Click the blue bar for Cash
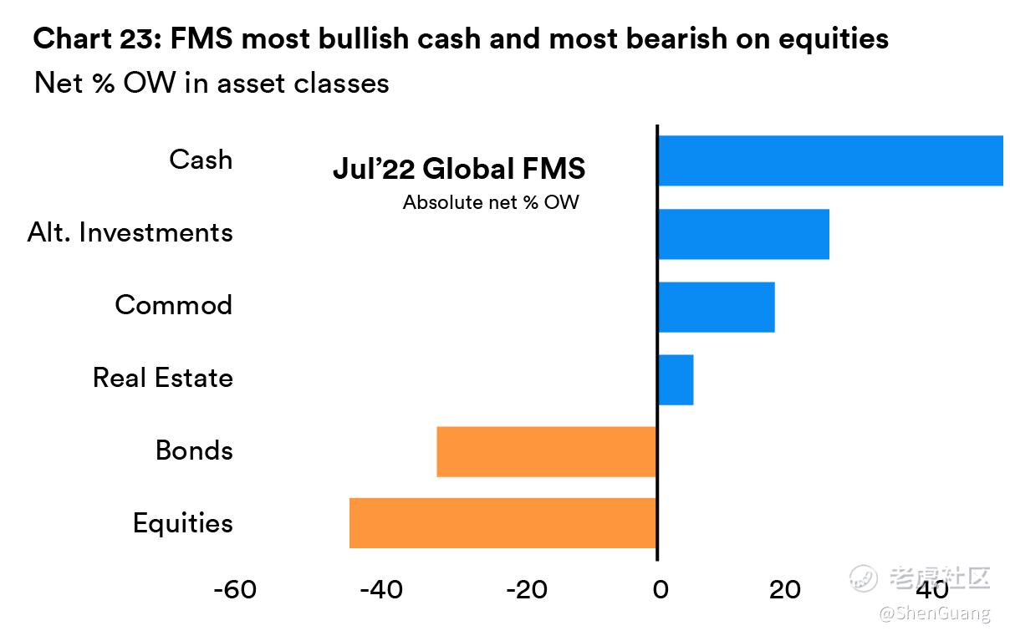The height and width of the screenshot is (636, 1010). click(829, 160)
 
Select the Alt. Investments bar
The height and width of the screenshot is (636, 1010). click(743, 234)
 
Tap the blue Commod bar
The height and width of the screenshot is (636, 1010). click(716, 307)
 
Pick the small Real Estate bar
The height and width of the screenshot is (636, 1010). click(676, 379)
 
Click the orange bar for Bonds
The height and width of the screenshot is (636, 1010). click(546, 451)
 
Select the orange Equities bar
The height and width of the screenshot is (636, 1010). click(502, 523)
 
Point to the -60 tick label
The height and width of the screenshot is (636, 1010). click(235, 590)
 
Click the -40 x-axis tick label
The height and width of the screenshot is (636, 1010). click(381, 590)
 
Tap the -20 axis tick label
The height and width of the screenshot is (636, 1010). click(527, 590)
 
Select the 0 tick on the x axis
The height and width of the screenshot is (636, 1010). click(660, 590)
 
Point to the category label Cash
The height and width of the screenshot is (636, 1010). click(201, 160)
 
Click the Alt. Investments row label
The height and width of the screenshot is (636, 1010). click(130, 232)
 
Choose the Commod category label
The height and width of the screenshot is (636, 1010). click(174, 305)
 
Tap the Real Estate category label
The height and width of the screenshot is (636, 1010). click(163, 378)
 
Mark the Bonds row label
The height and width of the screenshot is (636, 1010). click(194, 451)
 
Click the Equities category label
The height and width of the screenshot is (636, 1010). click(183, 524)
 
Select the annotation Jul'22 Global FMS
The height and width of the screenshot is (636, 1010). click(459, 169)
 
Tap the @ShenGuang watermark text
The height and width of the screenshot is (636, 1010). click(934, 614)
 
